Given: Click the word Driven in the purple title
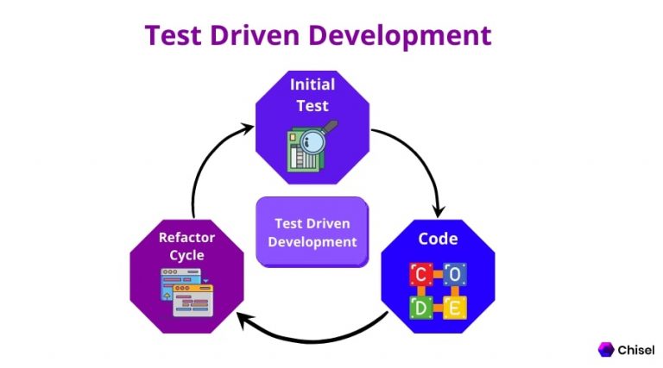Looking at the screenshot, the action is [x=255, y=34].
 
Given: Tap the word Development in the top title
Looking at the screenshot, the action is [x=400, y=36].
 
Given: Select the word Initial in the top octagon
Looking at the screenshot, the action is [x=313, y=84].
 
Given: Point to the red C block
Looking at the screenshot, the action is [x=420, y=274].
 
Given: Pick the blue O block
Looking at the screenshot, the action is [x=455, y=274].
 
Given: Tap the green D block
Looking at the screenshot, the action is [x=421, y=308].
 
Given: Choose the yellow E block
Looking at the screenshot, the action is [x=455, y=308].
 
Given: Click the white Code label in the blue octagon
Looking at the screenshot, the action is [x=438, y=239].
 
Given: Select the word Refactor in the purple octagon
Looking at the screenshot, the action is [x=186, y=237].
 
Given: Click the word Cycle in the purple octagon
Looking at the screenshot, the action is [x=186, y=255].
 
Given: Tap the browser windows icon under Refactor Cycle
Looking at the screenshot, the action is [x=186, y=292].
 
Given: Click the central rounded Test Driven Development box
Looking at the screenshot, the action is [x=313, y=232].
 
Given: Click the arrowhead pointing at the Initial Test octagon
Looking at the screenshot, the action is [x=247, y=127].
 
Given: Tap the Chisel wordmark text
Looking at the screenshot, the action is [x=636, y=350].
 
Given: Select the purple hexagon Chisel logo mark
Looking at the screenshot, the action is [x=606, y=349].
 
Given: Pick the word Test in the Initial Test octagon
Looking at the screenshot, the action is [x=313, y=105].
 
